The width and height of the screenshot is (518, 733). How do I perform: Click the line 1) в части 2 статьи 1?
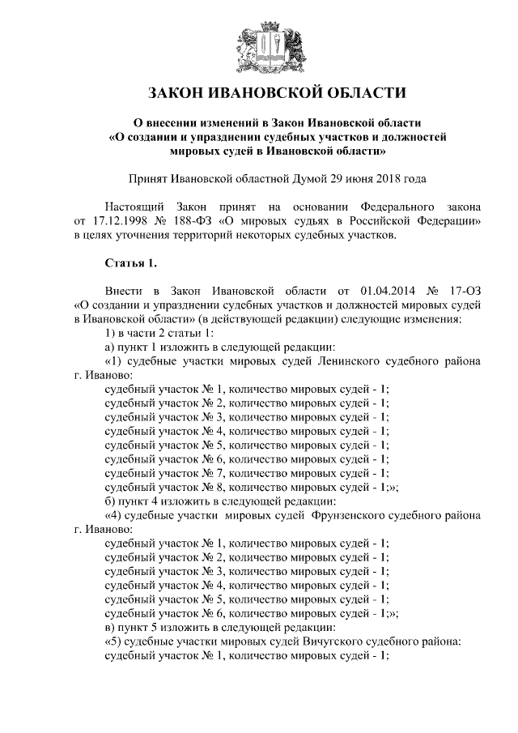click(x=159, y=333)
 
